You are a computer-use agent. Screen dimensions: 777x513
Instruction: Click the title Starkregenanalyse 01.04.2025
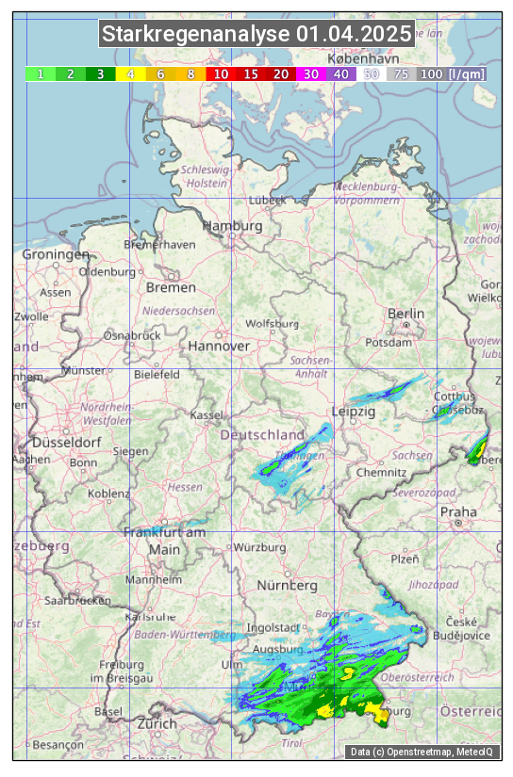256,34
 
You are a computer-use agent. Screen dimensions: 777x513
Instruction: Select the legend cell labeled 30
311,73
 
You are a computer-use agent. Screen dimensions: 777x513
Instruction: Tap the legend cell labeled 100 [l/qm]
452,73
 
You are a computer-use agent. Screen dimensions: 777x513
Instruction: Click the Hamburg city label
233,227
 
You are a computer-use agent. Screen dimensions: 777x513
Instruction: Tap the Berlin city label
406,314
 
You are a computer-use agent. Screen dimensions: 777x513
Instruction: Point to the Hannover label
219,346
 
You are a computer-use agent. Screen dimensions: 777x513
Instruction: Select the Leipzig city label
354,412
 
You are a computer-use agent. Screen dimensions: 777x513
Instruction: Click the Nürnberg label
288,585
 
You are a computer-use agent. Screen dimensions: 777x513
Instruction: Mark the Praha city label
458,511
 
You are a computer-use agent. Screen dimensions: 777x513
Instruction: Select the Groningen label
55,254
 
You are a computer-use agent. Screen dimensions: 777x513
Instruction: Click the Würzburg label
259,547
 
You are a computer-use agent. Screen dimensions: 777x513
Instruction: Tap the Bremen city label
171,287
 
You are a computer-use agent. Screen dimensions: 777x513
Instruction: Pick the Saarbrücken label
78,599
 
